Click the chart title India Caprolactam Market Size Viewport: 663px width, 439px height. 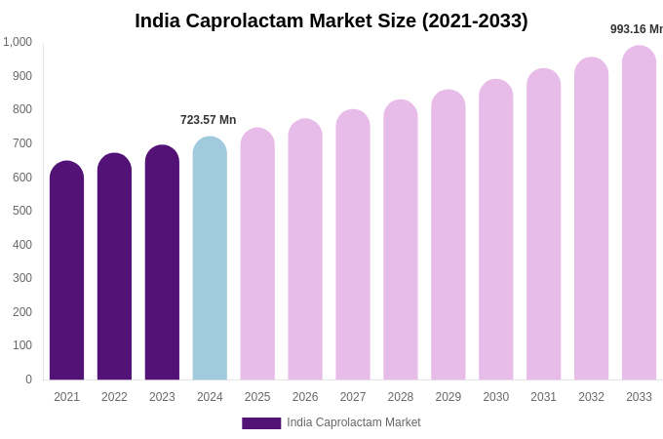(x=331, y=20)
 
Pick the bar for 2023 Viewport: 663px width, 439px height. (x=162, y=262)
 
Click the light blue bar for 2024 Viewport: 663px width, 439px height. (x=210, y=258)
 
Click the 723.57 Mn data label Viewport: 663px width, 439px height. (x=208, y=120)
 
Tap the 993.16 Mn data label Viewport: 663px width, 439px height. (x=637, y=29)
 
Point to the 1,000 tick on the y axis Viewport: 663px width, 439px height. (x=18, y=42)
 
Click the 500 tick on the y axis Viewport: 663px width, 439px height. (x=21, y=211)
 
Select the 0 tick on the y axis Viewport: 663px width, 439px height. (x=28, y=379)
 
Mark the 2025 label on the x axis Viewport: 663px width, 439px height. (x=257, y=397)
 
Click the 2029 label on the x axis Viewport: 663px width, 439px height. (x=448, y=397)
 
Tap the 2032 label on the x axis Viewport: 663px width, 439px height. (x=591, y=397)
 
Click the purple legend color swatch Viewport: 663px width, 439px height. (x=261, y=423)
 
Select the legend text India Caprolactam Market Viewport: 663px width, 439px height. (x=354, y=422)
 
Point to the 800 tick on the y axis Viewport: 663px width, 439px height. (x=21, y=109)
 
